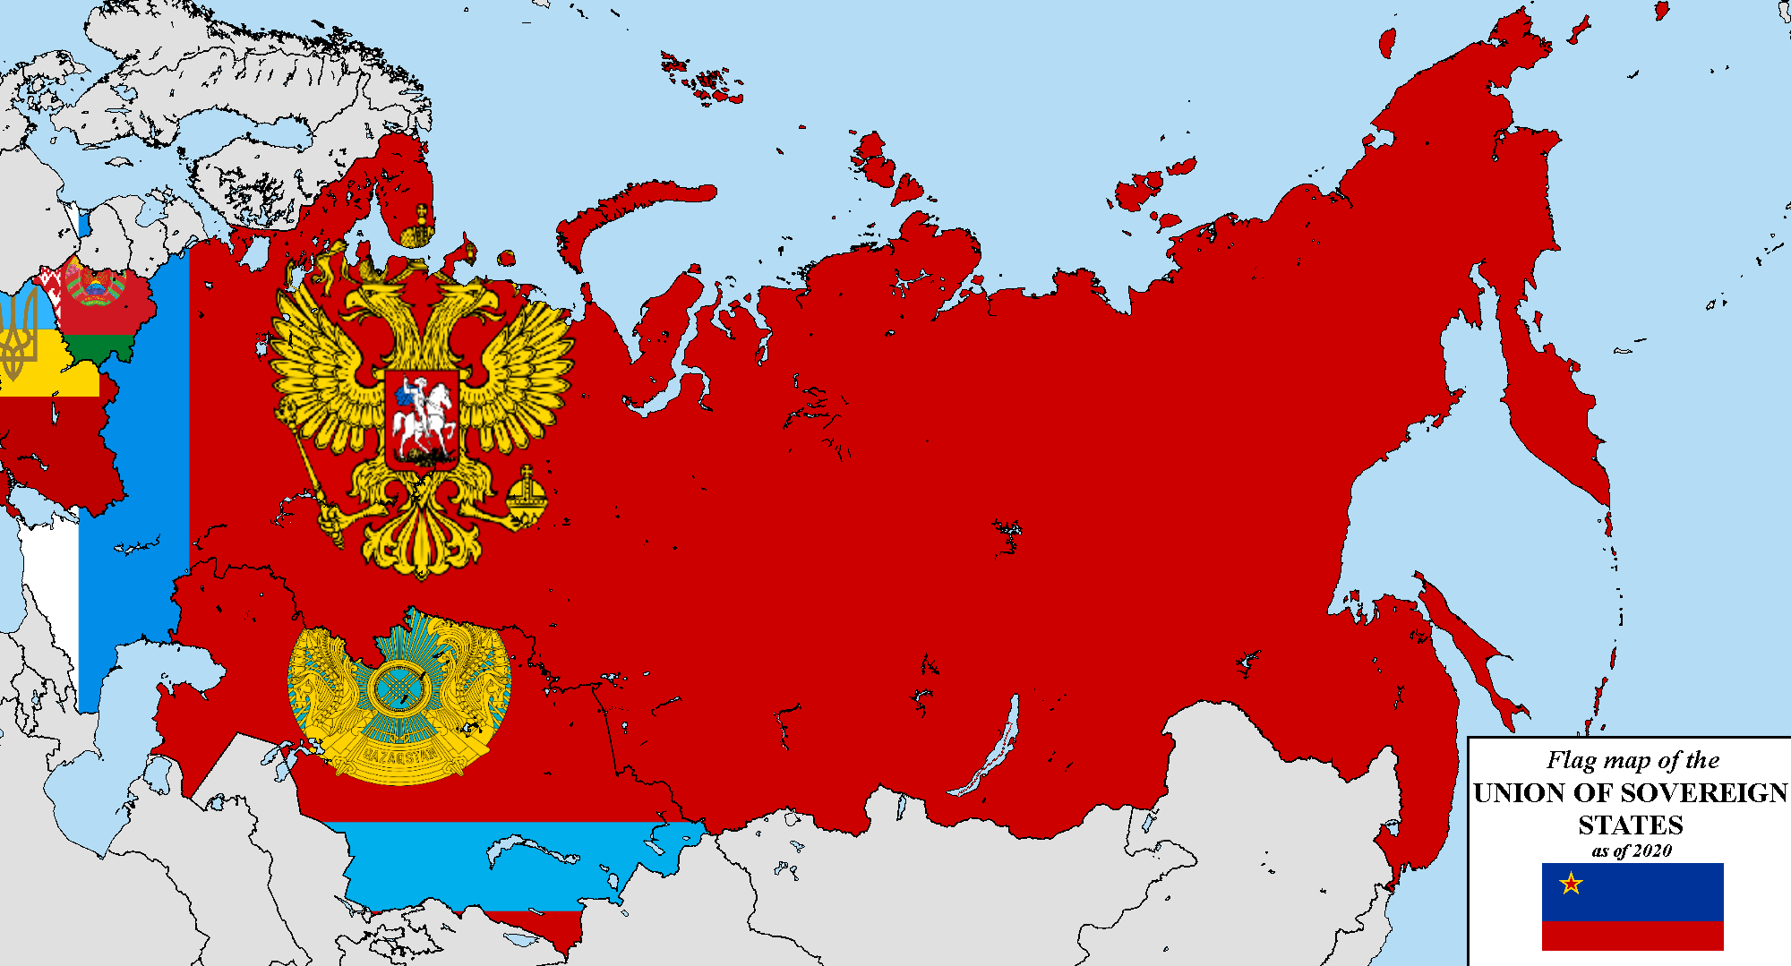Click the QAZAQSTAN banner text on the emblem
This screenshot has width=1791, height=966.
point(399,755)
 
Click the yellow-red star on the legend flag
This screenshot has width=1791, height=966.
point(1571,884)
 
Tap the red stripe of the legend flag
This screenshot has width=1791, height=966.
point(1632,936)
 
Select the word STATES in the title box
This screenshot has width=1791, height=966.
point(1630,825)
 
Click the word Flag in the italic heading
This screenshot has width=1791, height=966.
point(1572,760)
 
